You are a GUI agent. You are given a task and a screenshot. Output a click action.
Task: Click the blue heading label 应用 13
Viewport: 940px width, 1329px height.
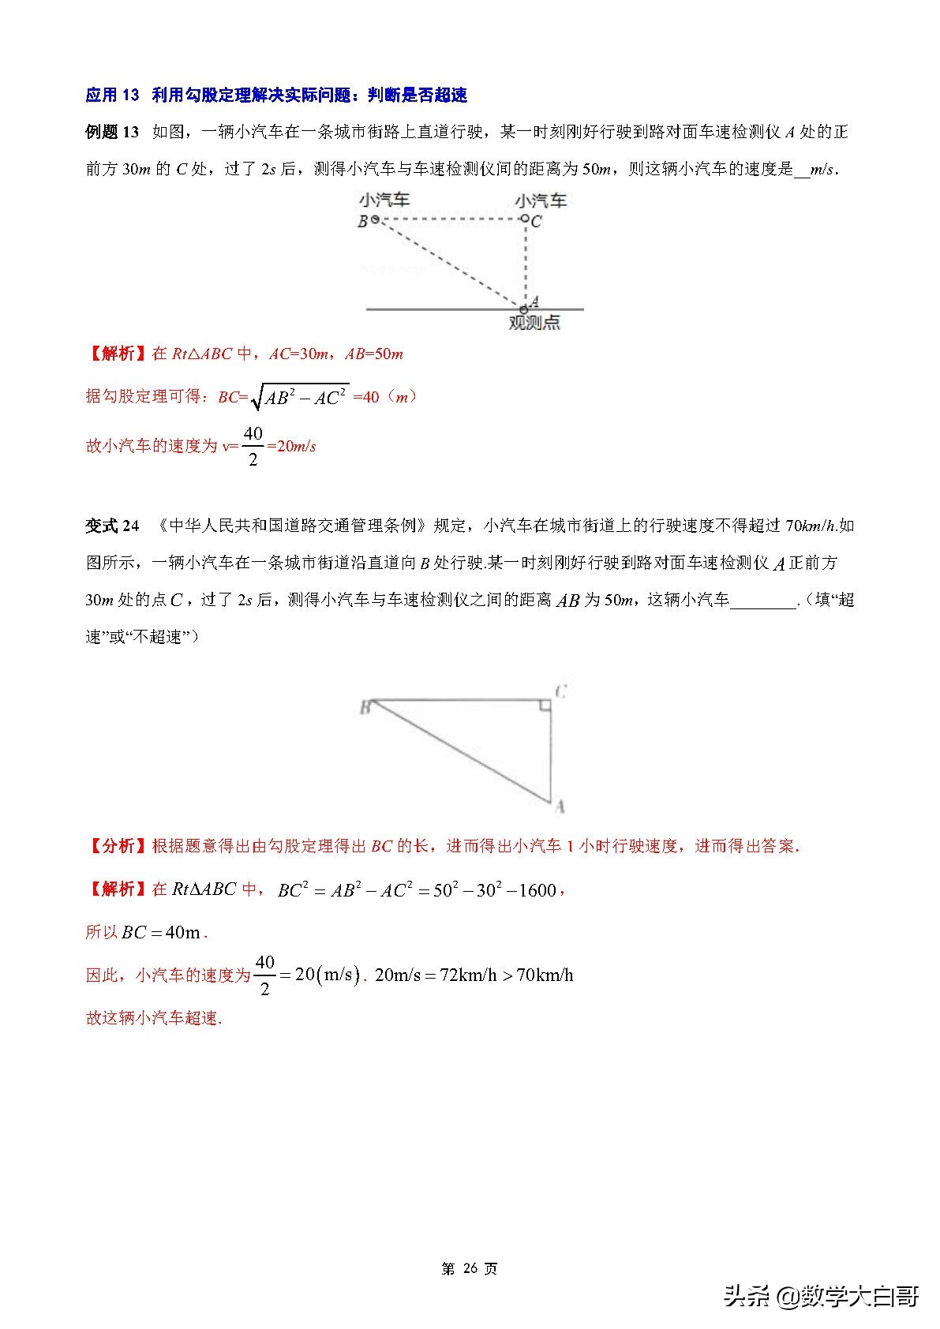tap(112, 95)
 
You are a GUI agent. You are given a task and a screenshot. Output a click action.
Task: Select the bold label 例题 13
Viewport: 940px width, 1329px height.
tap(112, 133)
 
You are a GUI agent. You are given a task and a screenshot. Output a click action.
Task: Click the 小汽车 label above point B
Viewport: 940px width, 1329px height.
tap(384, 201)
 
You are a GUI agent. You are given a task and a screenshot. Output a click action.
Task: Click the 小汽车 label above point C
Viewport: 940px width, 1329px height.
tap(541, 201)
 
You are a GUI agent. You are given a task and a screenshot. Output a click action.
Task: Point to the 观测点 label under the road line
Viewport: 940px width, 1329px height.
tap(534, 323)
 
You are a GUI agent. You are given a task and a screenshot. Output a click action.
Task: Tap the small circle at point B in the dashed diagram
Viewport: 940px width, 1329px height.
tap(376, 220)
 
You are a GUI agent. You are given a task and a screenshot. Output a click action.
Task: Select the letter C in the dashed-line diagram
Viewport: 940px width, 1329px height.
tap(537, 222)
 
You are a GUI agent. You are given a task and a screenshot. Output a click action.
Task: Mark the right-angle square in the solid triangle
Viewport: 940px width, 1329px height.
tap(545, 705)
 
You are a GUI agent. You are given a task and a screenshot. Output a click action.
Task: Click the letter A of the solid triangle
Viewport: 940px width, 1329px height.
tap(560, 807)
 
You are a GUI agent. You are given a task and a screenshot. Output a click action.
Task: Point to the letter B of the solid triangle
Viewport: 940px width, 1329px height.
tap(365, 708)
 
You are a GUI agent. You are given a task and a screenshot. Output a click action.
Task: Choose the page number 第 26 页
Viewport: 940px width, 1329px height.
tap(470, 1269)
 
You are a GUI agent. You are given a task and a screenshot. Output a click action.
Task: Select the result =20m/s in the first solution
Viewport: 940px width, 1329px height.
tap(291, 447)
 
